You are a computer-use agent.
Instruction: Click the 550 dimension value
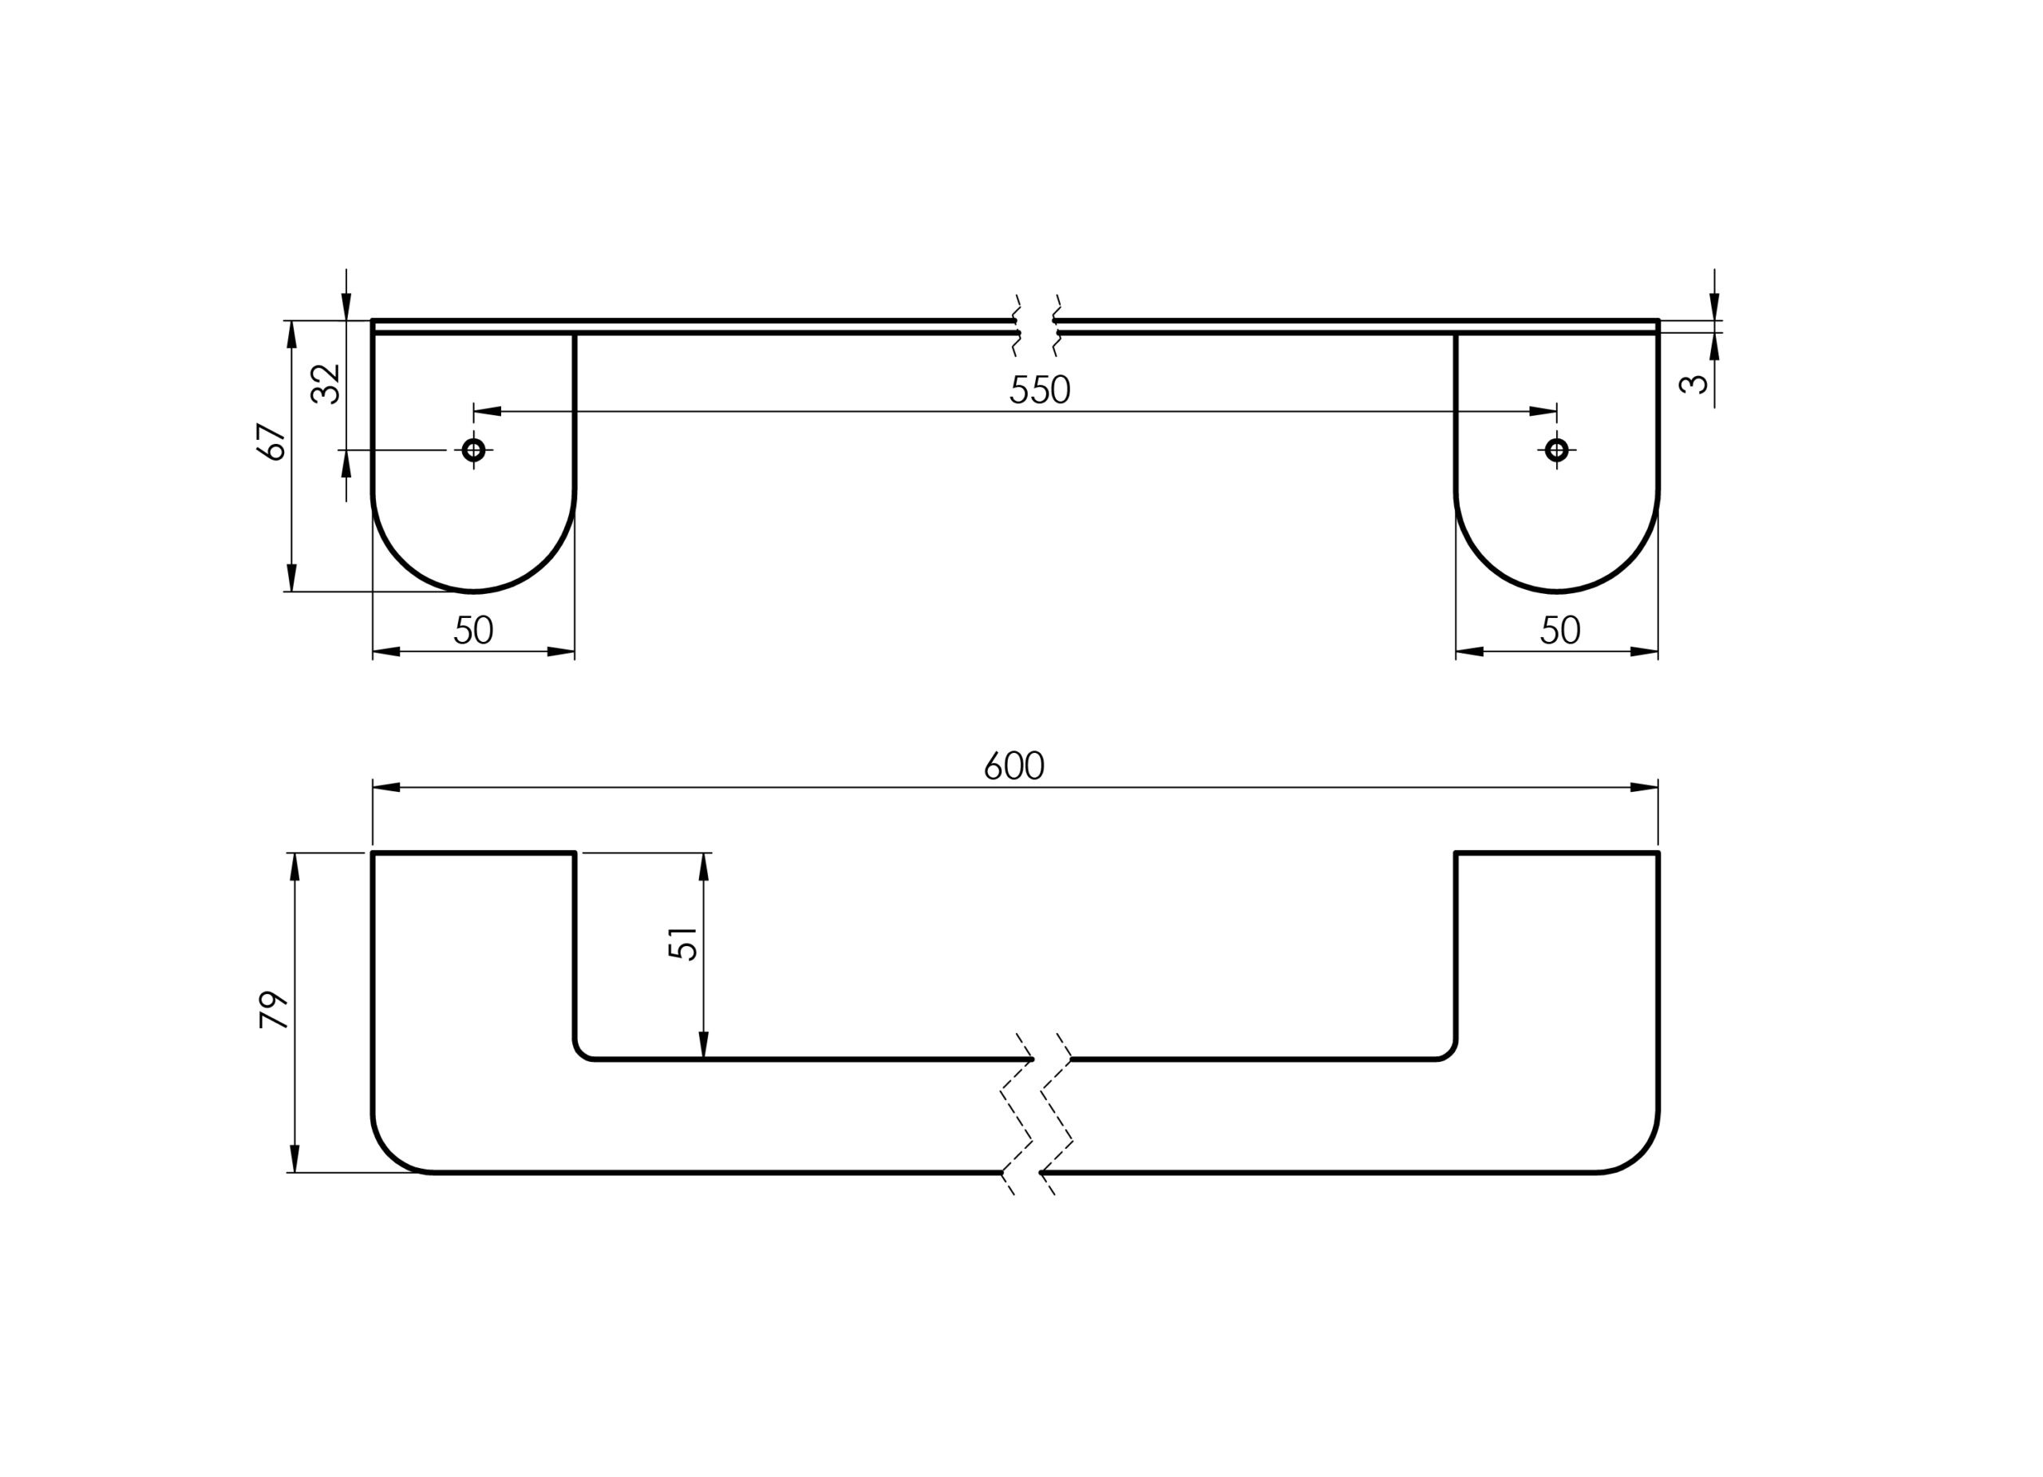(1040, 390)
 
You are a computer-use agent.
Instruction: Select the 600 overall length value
(1014, 766)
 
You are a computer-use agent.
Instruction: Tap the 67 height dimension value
(272, 442)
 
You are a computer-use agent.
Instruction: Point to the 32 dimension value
(325, 384)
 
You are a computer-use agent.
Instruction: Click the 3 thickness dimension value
(1693, 384)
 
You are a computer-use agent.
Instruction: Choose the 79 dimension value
(274, 1010)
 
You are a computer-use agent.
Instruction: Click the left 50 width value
(473, 630)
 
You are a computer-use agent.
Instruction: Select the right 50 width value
(1560, 630)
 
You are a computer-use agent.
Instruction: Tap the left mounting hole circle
(474, 449)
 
